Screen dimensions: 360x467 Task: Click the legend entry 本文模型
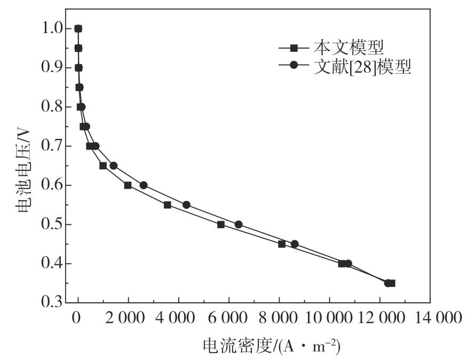click(349, 48)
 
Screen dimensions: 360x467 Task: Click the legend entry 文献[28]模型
click(362, 68)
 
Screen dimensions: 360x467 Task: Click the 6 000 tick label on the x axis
click(229, 319)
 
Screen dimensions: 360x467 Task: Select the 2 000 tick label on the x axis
click(128, 319)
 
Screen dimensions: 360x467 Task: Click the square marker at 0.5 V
click(221, 224)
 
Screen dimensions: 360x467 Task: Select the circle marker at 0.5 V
click(239, 224)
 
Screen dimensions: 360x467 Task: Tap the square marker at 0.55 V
click(168, 205)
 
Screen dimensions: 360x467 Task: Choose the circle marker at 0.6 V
click(144, 185)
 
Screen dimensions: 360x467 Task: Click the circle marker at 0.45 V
click(295, 244)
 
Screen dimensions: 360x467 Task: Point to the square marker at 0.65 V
click(103, 166)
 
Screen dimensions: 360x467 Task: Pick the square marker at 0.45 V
click(282, 244)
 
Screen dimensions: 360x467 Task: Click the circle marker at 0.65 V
click(114, 166)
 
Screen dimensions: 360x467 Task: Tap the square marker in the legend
click(294, 48)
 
